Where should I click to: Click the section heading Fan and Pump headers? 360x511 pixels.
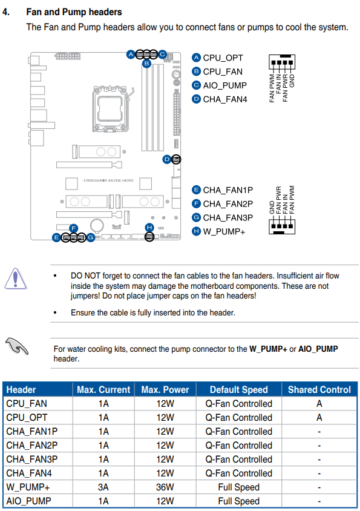click(x=74, y=12)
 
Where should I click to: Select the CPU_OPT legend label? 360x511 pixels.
click(x=223, y=58)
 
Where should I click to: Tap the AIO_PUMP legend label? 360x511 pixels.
click(x=224, y=85)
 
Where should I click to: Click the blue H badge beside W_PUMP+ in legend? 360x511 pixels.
click(x=196, y=231)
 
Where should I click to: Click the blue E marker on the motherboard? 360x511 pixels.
click(x=56, y=238)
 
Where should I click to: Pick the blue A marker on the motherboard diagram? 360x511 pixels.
click(x=131, y=54)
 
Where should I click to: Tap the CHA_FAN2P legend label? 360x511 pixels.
click(x=227, y=204)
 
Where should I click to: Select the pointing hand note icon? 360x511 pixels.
click(x=16, y=346)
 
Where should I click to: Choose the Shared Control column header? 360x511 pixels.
click(x=319, y=390)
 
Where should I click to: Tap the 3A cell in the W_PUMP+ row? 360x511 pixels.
click(x=103, y=487)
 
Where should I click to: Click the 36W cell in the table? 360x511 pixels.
click(x=165, y=487)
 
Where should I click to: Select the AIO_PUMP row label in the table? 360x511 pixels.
click(x=28, y=501)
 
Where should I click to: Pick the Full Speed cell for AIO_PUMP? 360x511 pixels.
click(x=238, y=501)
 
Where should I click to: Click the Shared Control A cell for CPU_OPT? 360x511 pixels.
click(x=319, y=418)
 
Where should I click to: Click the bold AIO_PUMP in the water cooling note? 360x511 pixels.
click(x=318, y=349)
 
